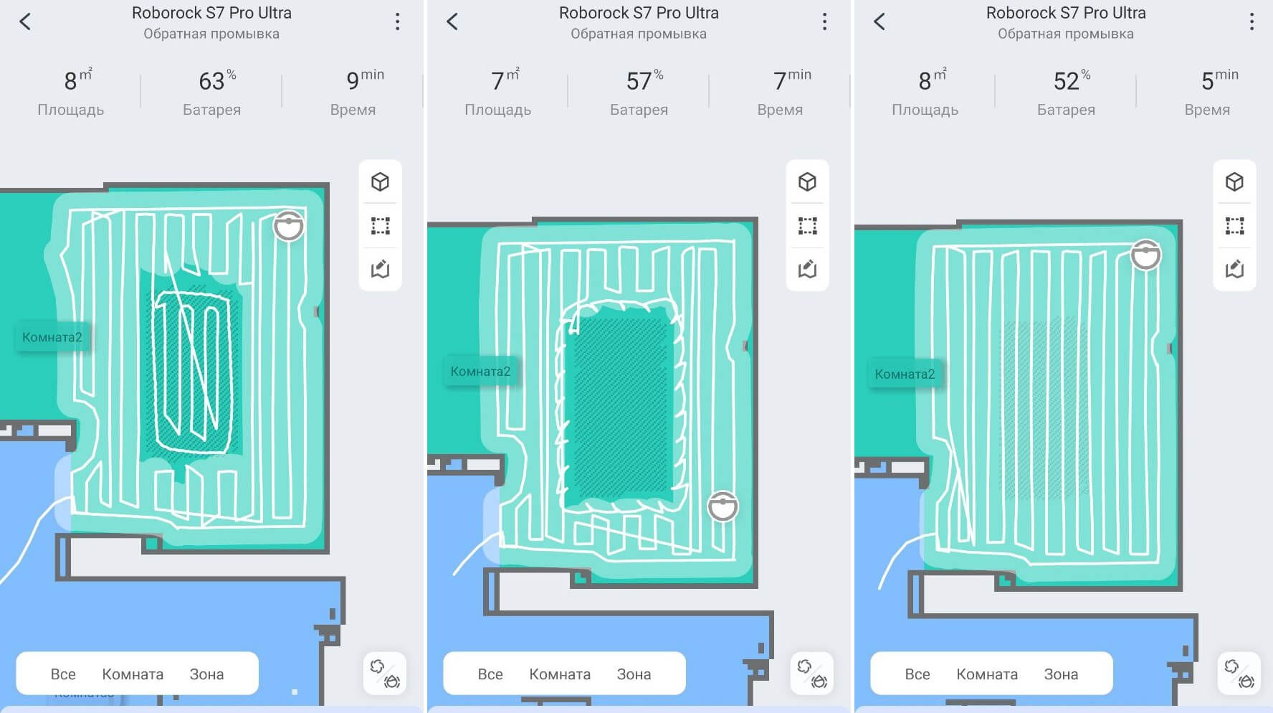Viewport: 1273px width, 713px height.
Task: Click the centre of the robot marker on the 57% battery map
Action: coord(723,506)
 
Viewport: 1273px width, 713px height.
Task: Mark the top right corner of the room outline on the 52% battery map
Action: coord(1181,222)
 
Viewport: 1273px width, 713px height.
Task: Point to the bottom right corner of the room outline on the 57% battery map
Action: coord(756,586)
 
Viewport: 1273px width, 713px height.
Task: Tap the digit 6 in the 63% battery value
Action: coord(206,82)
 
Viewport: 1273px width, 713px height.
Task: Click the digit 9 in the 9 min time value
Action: coord(353,82)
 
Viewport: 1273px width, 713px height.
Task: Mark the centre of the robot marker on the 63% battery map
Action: coord(289,226)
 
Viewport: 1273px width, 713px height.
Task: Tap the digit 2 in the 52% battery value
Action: coord(1073,82)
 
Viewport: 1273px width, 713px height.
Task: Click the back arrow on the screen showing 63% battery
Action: coord(25,22)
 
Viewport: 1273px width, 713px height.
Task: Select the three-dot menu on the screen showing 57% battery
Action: coord(824,22)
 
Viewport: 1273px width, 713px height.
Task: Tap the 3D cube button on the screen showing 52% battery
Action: coord(1234,181)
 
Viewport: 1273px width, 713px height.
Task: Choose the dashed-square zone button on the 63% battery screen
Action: coord(380,226)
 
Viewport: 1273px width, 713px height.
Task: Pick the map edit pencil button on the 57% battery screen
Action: coord(807,269)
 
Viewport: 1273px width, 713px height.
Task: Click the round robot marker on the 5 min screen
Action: coord(1146,255)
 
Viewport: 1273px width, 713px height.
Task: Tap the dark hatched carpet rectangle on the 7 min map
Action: coord(620,407)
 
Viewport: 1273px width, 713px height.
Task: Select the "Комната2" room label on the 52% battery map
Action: coord(905,374)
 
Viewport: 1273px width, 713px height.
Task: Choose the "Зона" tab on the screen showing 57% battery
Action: coord(634,674)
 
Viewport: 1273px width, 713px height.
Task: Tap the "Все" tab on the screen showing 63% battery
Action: coord(63,674)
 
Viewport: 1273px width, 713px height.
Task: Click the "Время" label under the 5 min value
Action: coord(1207,110)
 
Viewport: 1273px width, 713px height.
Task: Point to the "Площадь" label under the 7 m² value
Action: coord(497,110)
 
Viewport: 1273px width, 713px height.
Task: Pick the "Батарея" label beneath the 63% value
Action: coord(211,110)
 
